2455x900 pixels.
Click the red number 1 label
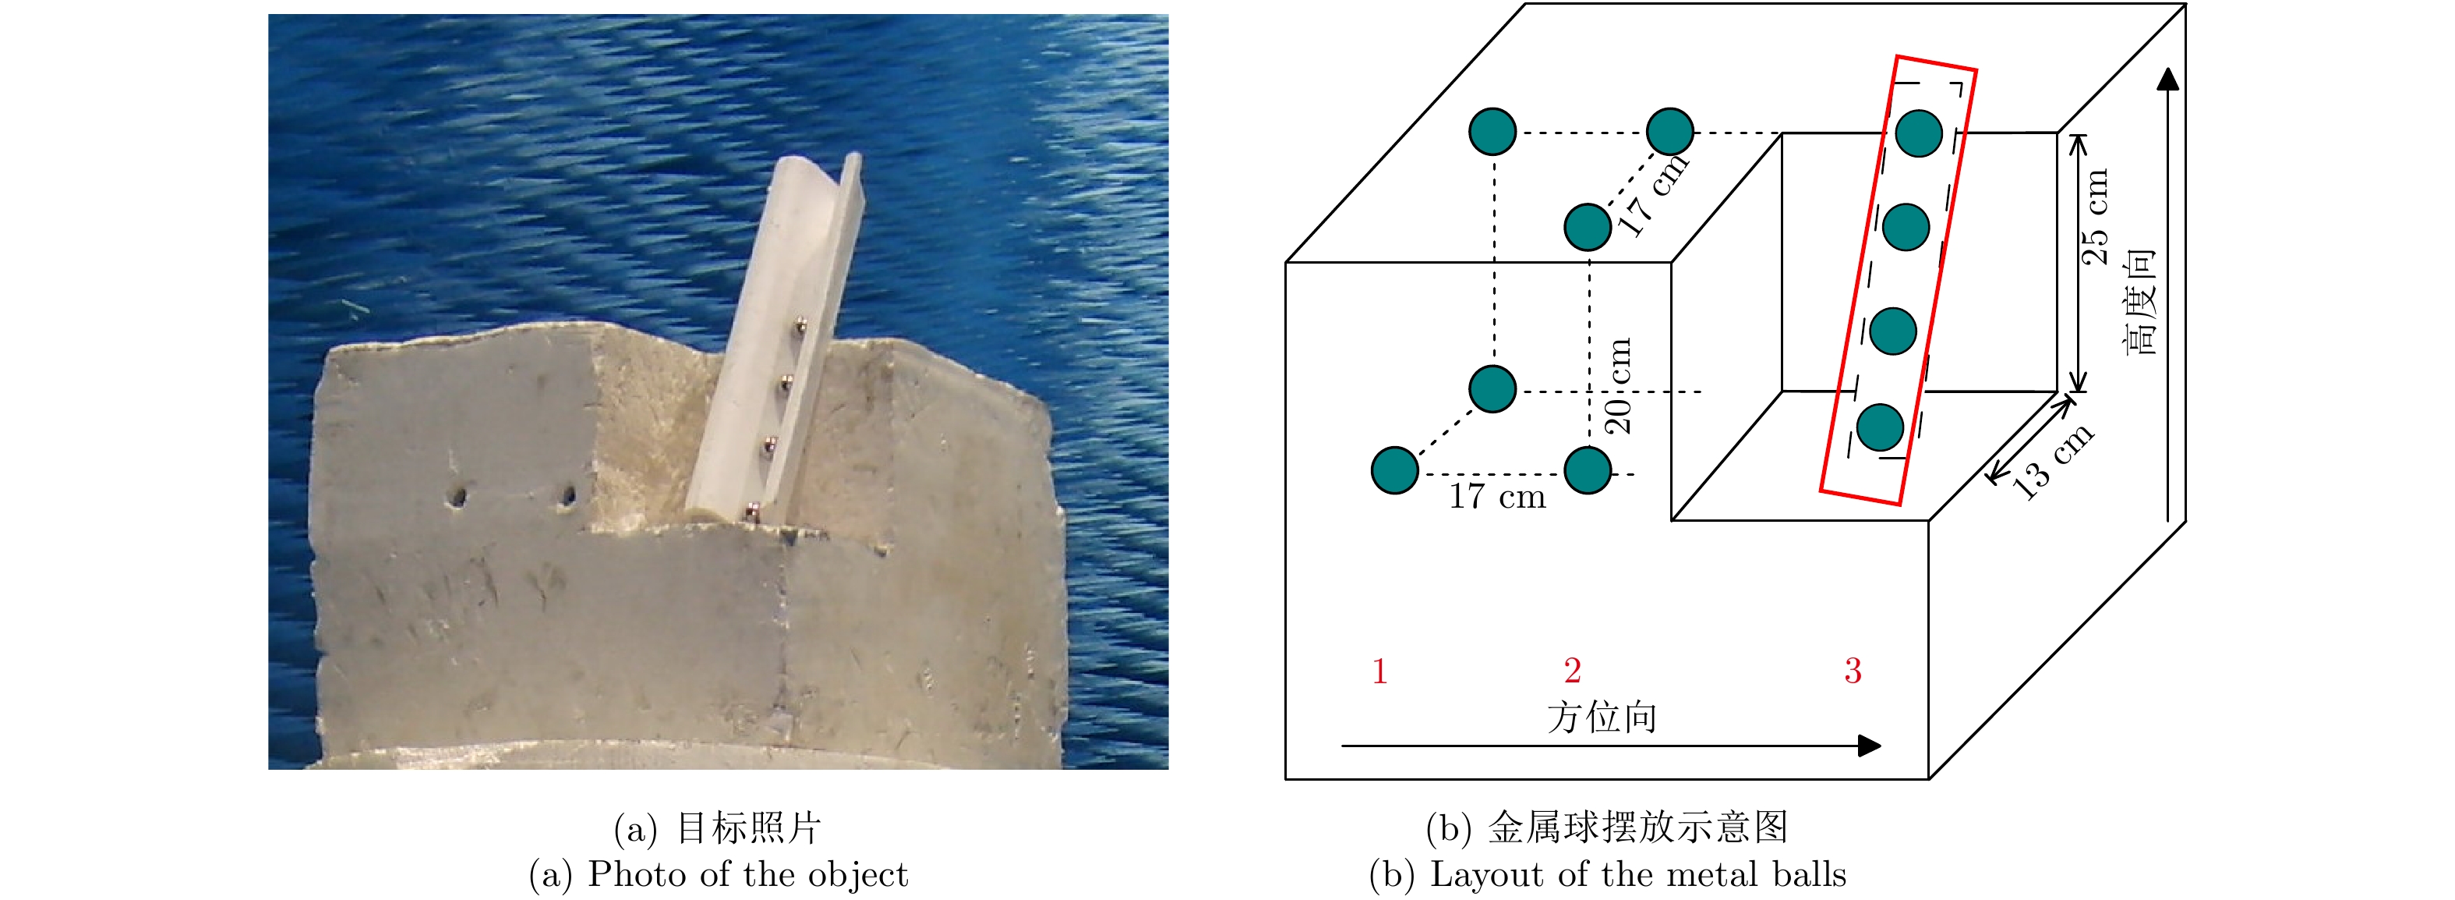pyautogui.click(x=1379, y=672)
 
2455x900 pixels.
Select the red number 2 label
pyautogui.click(x=1573, y=671)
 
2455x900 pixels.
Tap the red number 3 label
pyautogui.click(x=1853, y=671)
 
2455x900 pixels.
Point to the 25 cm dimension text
pyautogui.click(x=2094, y=218)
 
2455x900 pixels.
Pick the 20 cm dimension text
pyautogui.click(x=1618, y=386)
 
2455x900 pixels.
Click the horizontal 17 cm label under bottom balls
pyautogui.click(x=1497, y=497)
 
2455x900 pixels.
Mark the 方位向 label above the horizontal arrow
pyautogui.click(x=1602, y=717)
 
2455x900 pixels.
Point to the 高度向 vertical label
pyautogui.click(x=2139, y=303)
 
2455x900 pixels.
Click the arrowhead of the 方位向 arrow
pyautogui.click(x=1870, y=746)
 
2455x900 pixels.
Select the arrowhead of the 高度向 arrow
pyautogui.click(x=2168, y=78)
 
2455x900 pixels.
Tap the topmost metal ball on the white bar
pyautogui.click(x=801, y=327)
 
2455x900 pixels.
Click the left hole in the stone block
pyautogui.click(x=458, y=497)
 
